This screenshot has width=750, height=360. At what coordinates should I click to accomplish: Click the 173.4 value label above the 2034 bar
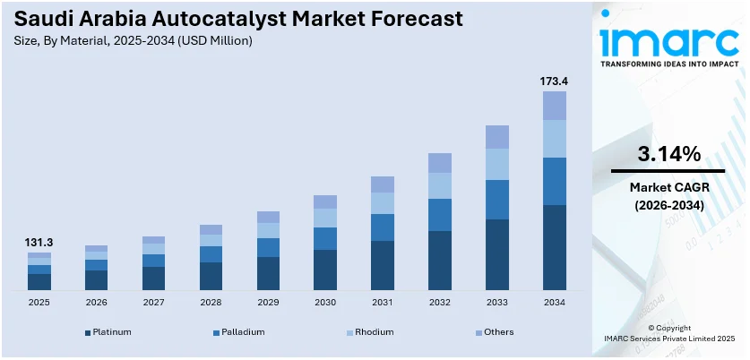(554, 81)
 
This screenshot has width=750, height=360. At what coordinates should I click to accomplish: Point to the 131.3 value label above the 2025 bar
(39, 243)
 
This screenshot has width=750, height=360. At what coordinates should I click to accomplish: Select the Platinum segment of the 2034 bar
(554, 247)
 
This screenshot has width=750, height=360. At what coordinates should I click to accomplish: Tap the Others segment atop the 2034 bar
(554, 106)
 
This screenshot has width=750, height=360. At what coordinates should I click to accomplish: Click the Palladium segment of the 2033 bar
(496, 199)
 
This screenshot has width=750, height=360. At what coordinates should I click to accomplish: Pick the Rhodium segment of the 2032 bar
(440, 185)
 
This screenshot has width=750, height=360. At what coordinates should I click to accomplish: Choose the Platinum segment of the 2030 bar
(325, 270)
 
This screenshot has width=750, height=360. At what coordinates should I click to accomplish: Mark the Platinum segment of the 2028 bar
(211, 276)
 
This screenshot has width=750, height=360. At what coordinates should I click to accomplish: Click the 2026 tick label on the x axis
(96, 303)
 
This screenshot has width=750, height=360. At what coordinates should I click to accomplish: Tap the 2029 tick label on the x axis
(268, 303)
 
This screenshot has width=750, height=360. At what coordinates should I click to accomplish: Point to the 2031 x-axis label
(383, 303)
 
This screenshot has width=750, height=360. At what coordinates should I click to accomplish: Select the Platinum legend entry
(108, 332)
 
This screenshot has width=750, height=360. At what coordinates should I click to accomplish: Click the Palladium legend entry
(239, 332)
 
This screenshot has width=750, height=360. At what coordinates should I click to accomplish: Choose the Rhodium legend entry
(370, 332)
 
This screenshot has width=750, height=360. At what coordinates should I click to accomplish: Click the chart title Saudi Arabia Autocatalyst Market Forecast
(208, 19)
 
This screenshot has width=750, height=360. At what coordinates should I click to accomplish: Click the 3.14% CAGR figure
(668, 154)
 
